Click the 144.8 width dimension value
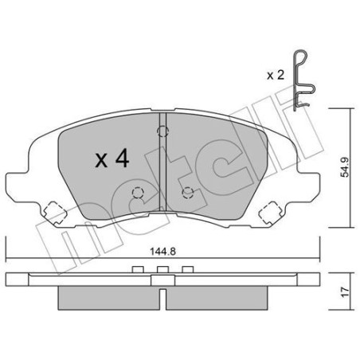pos(163,251)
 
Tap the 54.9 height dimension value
pos(345,167)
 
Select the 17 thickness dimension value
pos(345,292)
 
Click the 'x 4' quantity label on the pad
pos(112,158)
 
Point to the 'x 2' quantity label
pos(276,76)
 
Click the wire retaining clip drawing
pos(295,80)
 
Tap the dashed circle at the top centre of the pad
pos(162,131)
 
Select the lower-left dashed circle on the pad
pos(138,193)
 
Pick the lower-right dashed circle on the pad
pos(188,193)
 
